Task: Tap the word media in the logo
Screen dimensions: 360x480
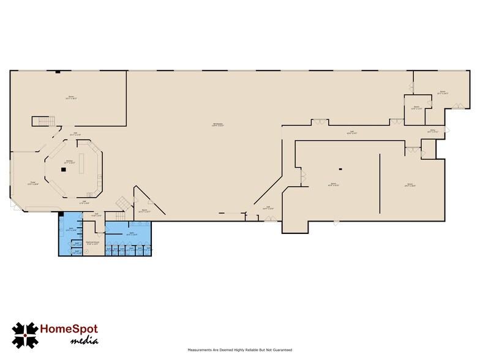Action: click(x=83, y=340)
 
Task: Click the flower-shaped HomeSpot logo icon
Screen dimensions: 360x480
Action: click(x=24, y=335)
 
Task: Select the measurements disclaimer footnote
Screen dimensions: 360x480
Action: click(x=239, y=350)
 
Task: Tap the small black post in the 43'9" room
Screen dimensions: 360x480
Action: click(x=340, y=168)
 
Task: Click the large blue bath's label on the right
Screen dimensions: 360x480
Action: click(x=132, y=233)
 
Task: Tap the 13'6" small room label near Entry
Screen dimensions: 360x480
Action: click(x=416, y=108)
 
